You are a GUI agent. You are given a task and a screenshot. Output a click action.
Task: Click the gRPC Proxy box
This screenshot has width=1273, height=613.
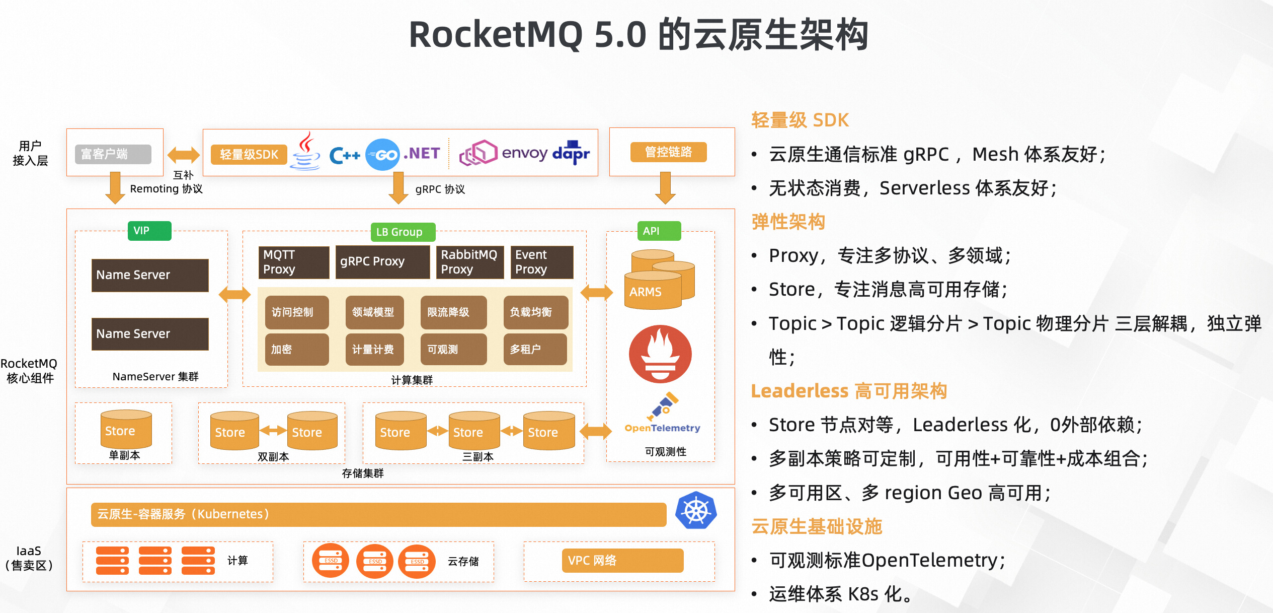click(382, 261)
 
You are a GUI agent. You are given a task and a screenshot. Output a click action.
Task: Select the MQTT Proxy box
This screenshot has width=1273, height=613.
click(294, 262)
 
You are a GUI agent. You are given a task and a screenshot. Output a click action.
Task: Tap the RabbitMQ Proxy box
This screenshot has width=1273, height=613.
click(469, 262)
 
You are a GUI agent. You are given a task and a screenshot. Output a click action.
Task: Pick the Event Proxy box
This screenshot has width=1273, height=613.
click(542, 262)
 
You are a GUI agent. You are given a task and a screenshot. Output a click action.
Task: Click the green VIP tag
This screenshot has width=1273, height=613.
click(149, 231)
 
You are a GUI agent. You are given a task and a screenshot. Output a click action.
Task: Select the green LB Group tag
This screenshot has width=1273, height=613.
click(403, 232)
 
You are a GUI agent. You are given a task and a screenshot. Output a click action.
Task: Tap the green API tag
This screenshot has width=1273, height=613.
click(658, 231)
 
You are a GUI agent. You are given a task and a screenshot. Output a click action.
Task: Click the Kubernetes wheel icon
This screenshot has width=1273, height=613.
click(696, 511)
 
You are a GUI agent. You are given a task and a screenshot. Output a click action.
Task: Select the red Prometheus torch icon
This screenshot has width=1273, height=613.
click(660, 354)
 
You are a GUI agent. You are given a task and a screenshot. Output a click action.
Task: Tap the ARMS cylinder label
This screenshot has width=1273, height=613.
click(646, 292)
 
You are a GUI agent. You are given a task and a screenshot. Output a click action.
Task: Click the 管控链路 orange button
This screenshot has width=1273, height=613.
click(668, 152)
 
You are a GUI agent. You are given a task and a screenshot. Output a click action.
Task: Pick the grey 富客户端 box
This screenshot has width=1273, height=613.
click(113, 154)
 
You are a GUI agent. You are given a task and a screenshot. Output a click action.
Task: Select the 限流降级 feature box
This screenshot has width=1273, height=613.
click(453, 312)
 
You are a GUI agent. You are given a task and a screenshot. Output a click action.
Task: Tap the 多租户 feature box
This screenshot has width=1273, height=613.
click(535, 349)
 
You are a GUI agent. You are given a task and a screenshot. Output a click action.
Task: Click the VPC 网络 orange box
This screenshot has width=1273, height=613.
click(622, 560)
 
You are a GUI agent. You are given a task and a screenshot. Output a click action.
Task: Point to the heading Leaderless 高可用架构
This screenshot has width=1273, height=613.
click(848, 391)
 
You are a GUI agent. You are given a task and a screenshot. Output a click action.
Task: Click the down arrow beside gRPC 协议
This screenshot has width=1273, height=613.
click(398, 188)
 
